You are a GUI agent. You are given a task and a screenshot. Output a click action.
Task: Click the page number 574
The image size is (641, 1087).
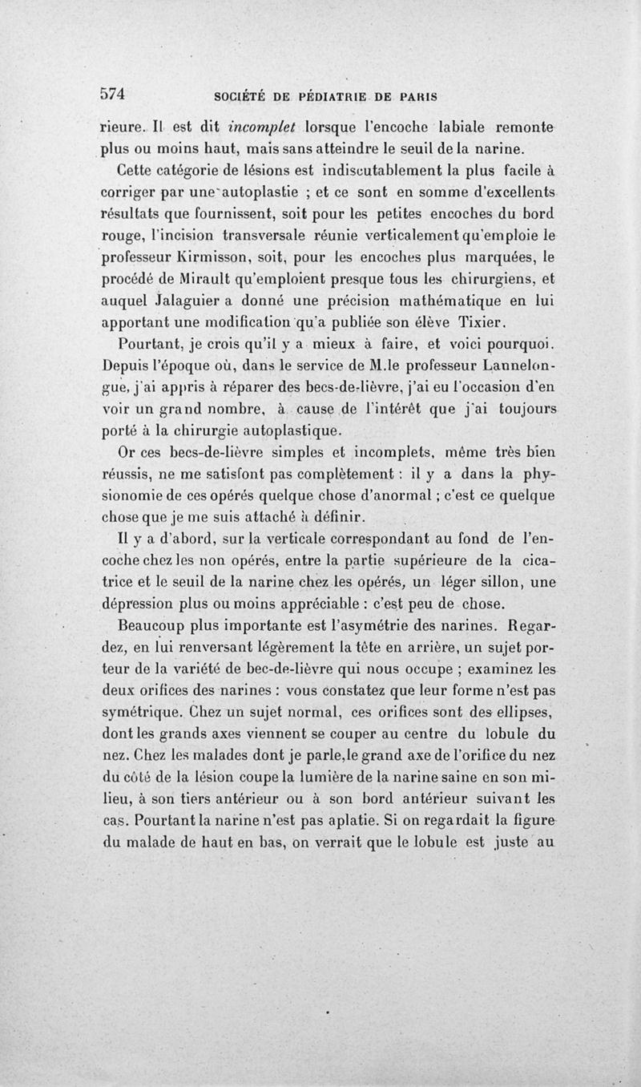(x=113, y=93)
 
